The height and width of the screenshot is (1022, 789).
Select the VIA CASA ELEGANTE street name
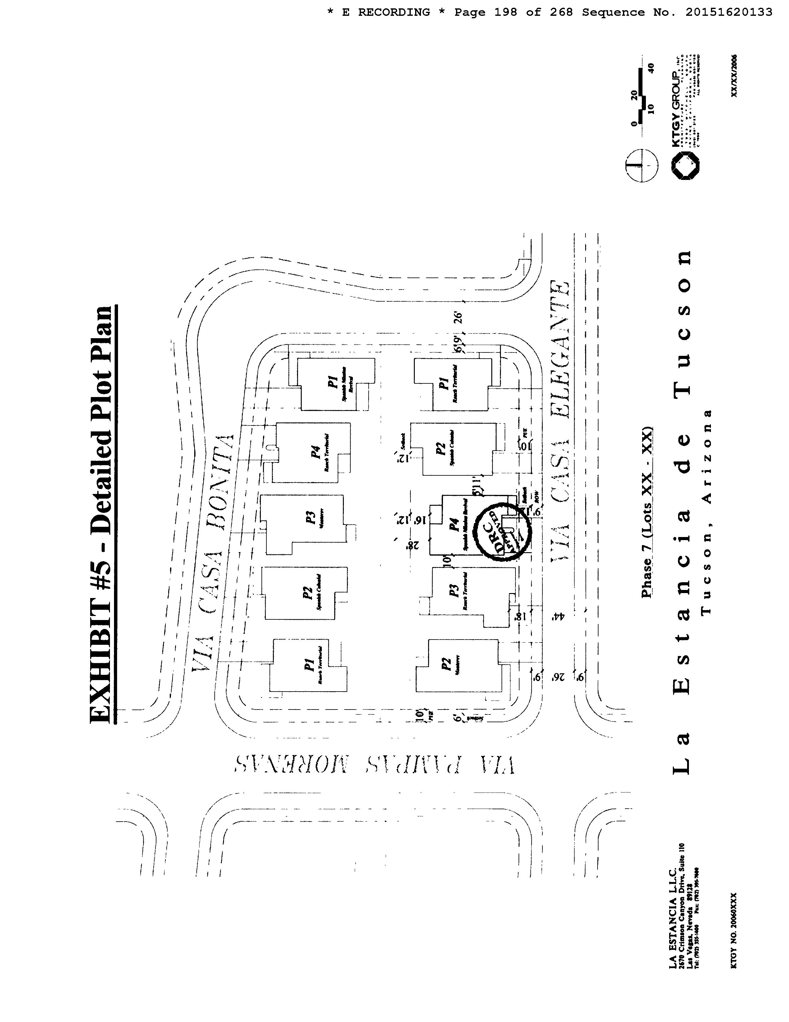pos(559,421)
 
